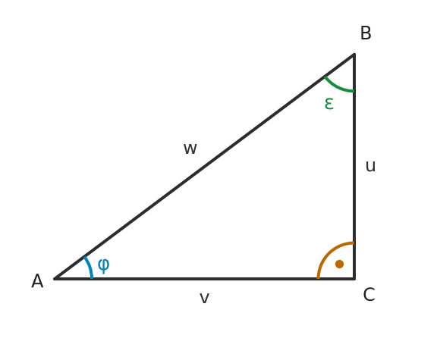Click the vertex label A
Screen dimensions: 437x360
[x=37, y=281]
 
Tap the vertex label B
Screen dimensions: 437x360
[x=366, y=33]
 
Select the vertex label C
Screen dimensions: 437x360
[x=369, y=295]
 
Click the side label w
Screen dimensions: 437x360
[x=190, y=149]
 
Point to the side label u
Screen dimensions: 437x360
[x=370, y=166]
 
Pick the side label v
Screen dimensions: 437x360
[x=204, y=298]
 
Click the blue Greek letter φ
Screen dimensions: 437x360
[x=103, y=265]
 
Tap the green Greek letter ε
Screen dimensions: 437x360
[x=329, y=104]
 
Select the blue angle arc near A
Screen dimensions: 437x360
[x=90, y=267]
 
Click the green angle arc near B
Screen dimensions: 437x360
[x=337, y=87]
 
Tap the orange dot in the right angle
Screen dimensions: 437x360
[x=339, y=264]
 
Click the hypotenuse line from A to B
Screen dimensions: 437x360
[x=204, y=166]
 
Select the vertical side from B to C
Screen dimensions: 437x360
[x=354, y=166]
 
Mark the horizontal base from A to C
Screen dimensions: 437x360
[x=204, y=278]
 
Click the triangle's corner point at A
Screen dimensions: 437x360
[x=55, y=278]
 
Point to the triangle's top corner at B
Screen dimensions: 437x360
[x=354, y=54]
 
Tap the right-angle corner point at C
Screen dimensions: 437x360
[x=354, y=278]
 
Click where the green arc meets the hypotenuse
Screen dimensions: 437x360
[x=325, y=77]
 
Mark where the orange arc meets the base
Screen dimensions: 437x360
[x=318, y=278]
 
